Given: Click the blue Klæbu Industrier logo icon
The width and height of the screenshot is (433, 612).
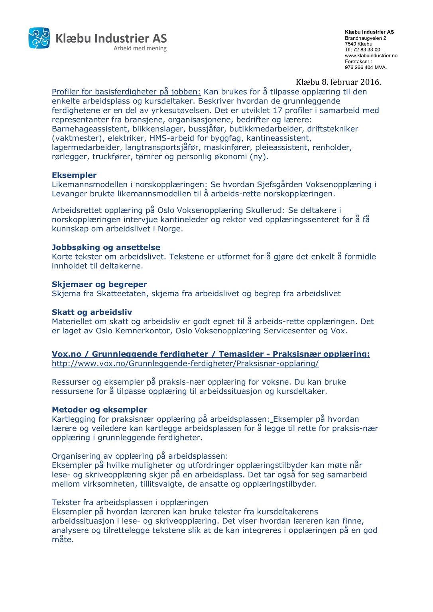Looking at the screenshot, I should coord(39,38).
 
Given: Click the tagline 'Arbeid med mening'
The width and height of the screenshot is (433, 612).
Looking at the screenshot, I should coord(140,49).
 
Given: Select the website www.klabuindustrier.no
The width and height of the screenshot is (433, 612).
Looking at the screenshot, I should coord(371,56).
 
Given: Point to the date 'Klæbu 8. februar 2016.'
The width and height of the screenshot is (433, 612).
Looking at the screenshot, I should coord(338,82).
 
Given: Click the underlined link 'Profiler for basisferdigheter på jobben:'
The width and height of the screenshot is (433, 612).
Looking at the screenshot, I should coord(126,92).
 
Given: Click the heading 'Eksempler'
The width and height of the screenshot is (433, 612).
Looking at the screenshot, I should coord(74,175).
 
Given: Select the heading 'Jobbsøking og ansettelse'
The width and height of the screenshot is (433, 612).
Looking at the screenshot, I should coord(106,247).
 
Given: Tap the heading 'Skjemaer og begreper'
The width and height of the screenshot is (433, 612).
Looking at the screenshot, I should coord(99,284).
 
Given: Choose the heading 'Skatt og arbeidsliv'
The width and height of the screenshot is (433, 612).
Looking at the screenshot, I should coord(92,312).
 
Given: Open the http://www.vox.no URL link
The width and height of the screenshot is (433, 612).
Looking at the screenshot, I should coord(185,364).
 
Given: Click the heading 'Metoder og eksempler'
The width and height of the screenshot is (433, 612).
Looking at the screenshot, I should coord(100,410).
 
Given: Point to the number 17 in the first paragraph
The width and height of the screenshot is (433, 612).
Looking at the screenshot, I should coord(278,110).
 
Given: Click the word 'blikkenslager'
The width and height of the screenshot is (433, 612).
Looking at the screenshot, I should coord(155,129).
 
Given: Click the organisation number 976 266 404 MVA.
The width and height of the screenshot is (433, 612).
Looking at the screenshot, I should coord(366,68).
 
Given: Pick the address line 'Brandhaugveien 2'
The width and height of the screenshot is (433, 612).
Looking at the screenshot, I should coord(365,38).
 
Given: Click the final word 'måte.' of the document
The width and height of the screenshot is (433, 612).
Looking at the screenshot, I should coord(63,540).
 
